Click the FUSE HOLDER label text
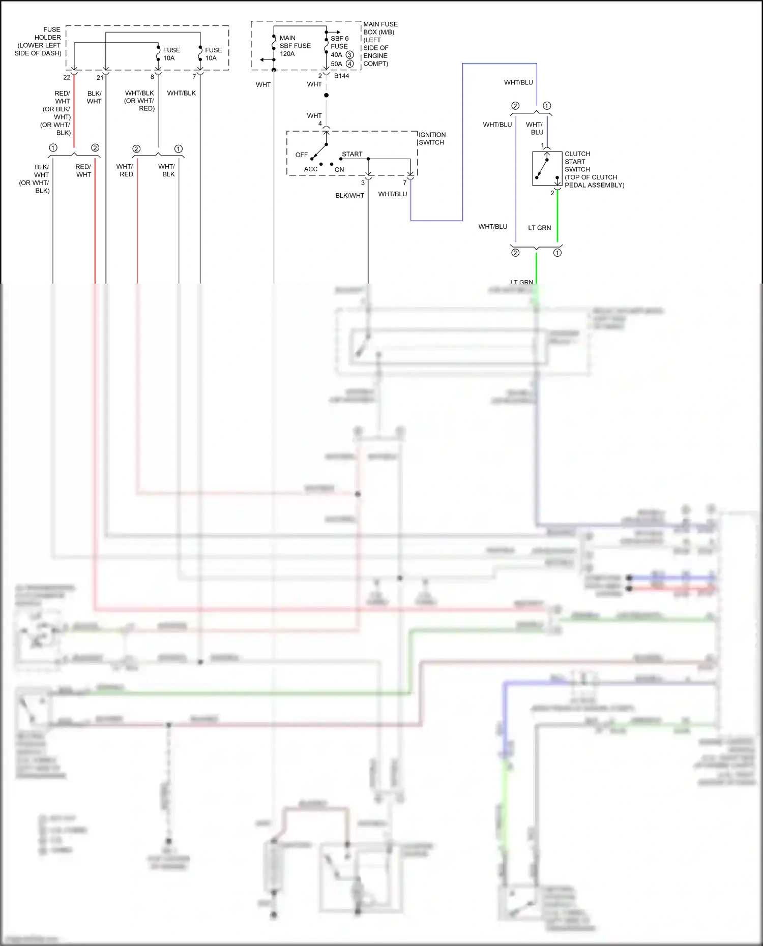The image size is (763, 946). [39, 41]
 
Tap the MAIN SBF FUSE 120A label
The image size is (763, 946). [295, 46]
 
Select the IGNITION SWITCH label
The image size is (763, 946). [432, 138]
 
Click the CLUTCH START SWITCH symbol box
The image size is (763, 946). [547, 168]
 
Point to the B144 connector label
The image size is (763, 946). [341, 76]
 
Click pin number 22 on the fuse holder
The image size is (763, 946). [67, 77]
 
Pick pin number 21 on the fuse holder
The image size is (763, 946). [100, 77]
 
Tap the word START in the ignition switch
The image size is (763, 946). [352, 154]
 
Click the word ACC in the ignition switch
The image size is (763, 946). [310, 169]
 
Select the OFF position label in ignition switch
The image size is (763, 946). [302, 155]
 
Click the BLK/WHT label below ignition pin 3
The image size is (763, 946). [349, 196]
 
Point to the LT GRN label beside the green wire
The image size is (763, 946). [539, 228]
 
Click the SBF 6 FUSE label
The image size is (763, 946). [339, 42]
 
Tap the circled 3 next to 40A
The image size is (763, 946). [349, 55]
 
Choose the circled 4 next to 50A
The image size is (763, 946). [350, 64]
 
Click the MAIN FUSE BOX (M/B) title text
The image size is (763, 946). [380, 28]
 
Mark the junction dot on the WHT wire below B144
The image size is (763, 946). [326, 95]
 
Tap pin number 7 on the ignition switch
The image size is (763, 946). [405, 183]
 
